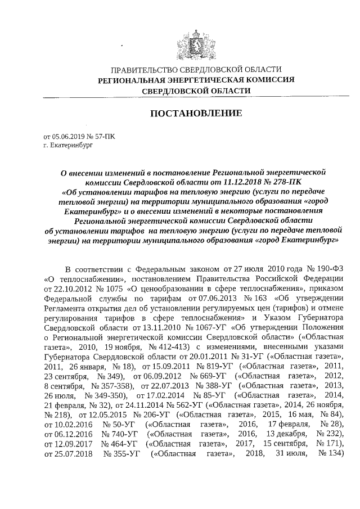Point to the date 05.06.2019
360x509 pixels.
(67, 137)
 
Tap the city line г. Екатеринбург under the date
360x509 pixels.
(67, 145)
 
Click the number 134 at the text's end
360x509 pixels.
(335, 470)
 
